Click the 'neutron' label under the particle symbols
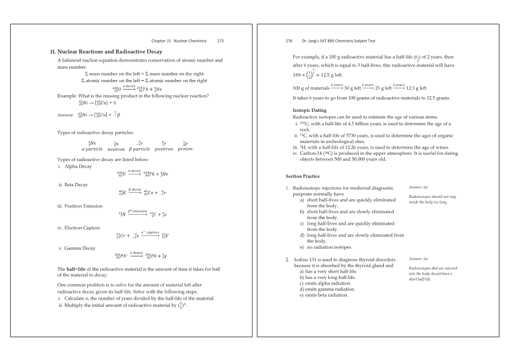(x=116, y=149)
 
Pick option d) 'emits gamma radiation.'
(x=327, y=289)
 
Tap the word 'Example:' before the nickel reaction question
(x=68, y=96)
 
